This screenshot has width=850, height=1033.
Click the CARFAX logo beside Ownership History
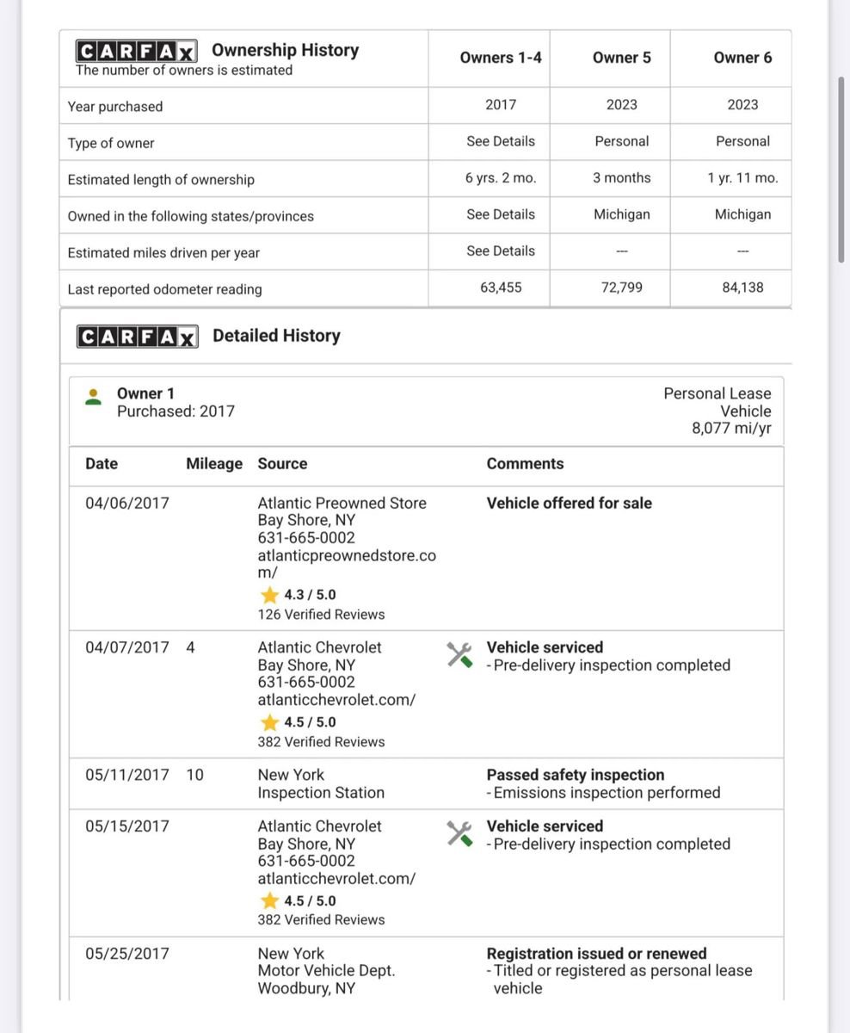click(x=136, y=50)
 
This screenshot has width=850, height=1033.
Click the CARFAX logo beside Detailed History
click(x=138, y=336)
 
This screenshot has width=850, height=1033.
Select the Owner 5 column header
click(x=621, y=58)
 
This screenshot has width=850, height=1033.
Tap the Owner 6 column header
click(x=742, y=58)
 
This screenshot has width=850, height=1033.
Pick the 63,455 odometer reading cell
click(x=501, y=288)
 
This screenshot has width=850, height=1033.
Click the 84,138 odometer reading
click(x=742, y=288)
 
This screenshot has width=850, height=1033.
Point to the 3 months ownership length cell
click(x=621, y=178)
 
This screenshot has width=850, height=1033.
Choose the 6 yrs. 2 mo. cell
click(x=501, y=178)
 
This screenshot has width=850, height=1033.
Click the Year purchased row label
click(x=115, y=107)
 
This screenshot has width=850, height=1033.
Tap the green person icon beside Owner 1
click(x=93, y=397)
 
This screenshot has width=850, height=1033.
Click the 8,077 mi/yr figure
click(x=731, y=429)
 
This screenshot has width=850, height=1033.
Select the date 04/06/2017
click(x=127, y=504)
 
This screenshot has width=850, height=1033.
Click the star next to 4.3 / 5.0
click(x=270, y=595)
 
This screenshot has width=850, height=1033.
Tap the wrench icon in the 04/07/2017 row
click(x=459, y=655)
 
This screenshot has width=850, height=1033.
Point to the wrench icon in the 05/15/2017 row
click(x=459, y=833)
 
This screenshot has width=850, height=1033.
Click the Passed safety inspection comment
click(x=576, y=775)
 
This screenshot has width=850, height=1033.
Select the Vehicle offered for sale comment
click(x=569, y=504)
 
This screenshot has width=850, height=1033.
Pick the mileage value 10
click(x=195, y=775)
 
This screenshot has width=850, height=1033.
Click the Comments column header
click(x=525, y=464)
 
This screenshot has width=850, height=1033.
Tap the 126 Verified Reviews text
click(x=321, y=615)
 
